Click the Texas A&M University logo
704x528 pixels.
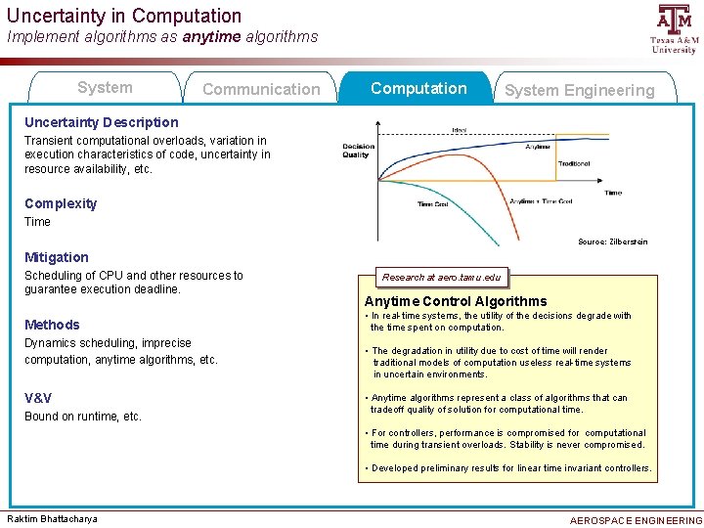coord(674,28)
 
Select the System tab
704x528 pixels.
coord(105,88)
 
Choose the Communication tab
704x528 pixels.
coord(260,89)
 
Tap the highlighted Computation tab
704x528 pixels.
coord(418,88)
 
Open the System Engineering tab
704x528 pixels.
coord(579,90)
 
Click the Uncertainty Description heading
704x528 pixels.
coord(102,122)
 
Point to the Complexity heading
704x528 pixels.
coord(61,203)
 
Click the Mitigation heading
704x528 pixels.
coord(56,257)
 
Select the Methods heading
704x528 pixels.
coord(52,325)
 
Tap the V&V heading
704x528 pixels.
coord(38,398)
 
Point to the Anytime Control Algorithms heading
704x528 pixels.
coord(456,301)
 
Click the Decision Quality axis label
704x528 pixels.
coord(357,151)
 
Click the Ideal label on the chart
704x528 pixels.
coord(459,129)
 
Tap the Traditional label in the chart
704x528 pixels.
coord(573,164)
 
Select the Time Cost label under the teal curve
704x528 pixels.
coord(432,204)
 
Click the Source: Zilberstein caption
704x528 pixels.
coord(612,242)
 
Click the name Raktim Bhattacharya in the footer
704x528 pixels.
coord(52,518)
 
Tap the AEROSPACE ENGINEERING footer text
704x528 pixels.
coord(636,520)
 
